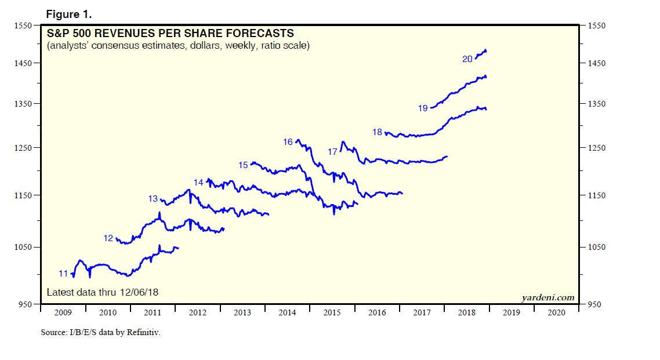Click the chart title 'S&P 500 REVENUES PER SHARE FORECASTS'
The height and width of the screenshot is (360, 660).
click(x=170, y=34)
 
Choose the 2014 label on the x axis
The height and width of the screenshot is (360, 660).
click(x=288, y=313)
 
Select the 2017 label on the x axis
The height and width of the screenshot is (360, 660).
click(x=422, y=313)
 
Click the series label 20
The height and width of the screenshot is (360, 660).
click(x=467, y=59)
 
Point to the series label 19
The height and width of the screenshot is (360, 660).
click(x=422, y=108)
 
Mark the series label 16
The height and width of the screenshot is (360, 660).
click(x=288, y=142)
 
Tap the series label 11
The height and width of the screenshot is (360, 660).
click(x=63, y=273)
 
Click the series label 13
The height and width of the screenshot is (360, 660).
click(x=153, y=199)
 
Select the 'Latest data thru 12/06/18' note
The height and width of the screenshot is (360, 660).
click(x=102, y=293)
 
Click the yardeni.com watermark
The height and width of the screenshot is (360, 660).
click(x=547, y=297)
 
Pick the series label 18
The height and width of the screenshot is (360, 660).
click(x=377, y=132)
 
